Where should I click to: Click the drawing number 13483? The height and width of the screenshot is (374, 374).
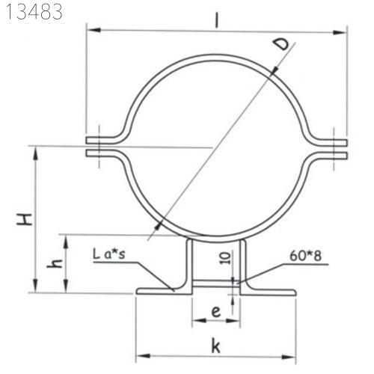[x=34, y=12]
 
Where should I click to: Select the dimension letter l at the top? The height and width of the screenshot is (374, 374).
[x=218, y=20]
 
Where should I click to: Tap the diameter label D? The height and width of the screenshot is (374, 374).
[x=281, y=45]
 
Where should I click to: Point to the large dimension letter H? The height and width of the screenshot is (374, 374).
[x=25, y=219]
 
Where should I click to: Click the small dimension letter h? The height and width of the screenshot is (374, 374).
[x=55, y=263]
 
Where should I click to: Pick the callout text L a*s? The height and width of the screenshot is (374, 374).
[x=109, y=254]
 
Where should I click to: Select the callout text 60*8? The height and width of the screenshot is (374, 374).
[x=306, y=256]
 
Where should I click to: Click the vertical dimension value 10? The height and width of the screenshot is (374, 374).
[x=225, y=257]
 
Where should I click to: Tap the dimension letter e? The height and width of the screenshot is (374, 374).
[x=215, y=312]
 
